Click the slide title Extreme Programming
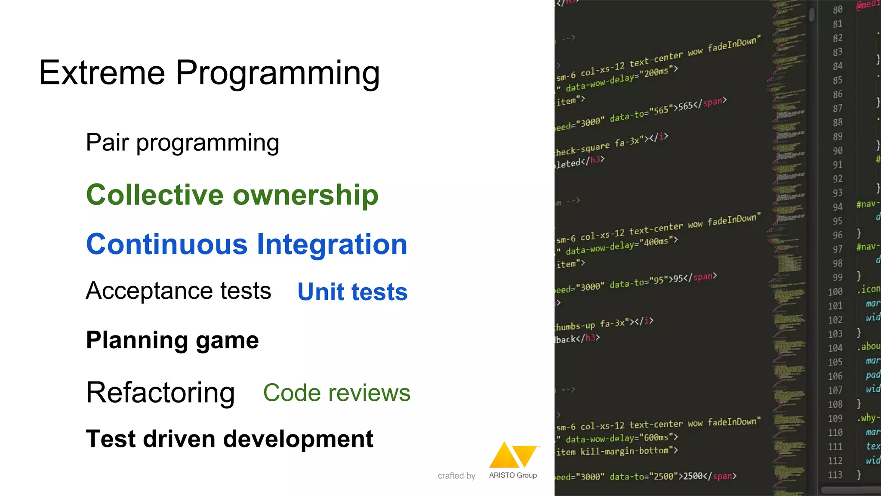tap(209, 73)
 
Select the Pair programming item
tap(182, 143)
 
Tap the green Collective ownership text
tap(232, 195)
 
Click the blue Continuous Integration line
tap(246, 244)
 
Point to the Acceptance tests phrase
tap(179, 291)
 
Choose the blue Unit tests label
tap(352, 292)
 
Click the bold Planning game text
tap(173, 340)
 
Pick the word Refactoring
tap(160, 393)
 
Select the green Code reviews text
tap(337, 393)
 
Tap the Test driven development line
tap(230, 439)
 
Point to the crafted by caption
tap(456, 476)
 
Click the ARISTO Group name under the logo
tap(513, 475)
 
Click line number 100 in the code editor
tap(835, 291)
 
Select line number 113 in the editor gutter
tap(835, 474)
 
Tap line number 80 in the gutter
tap(837, 9)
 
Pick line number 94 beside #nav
tap(837, 207)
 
